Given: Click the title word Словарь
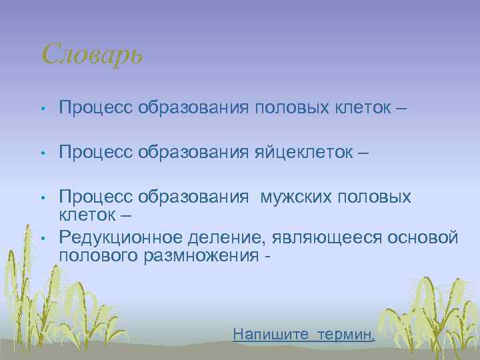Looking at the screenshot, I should pos(91,53).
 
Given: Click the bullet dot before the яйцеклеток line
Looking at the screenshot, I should pos(42,154).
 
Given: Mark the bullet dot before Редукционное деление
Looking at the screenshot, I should pos(42,237).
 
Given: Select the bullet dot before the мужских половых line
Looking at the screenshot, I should pos(42,198).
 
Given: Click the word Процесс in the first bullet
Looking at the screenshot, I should pos(96,107).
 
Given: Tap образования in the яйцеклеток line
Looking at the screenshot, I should pos(193,153).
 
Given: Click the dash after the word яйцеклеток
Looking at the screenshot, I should pos(363,154).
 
